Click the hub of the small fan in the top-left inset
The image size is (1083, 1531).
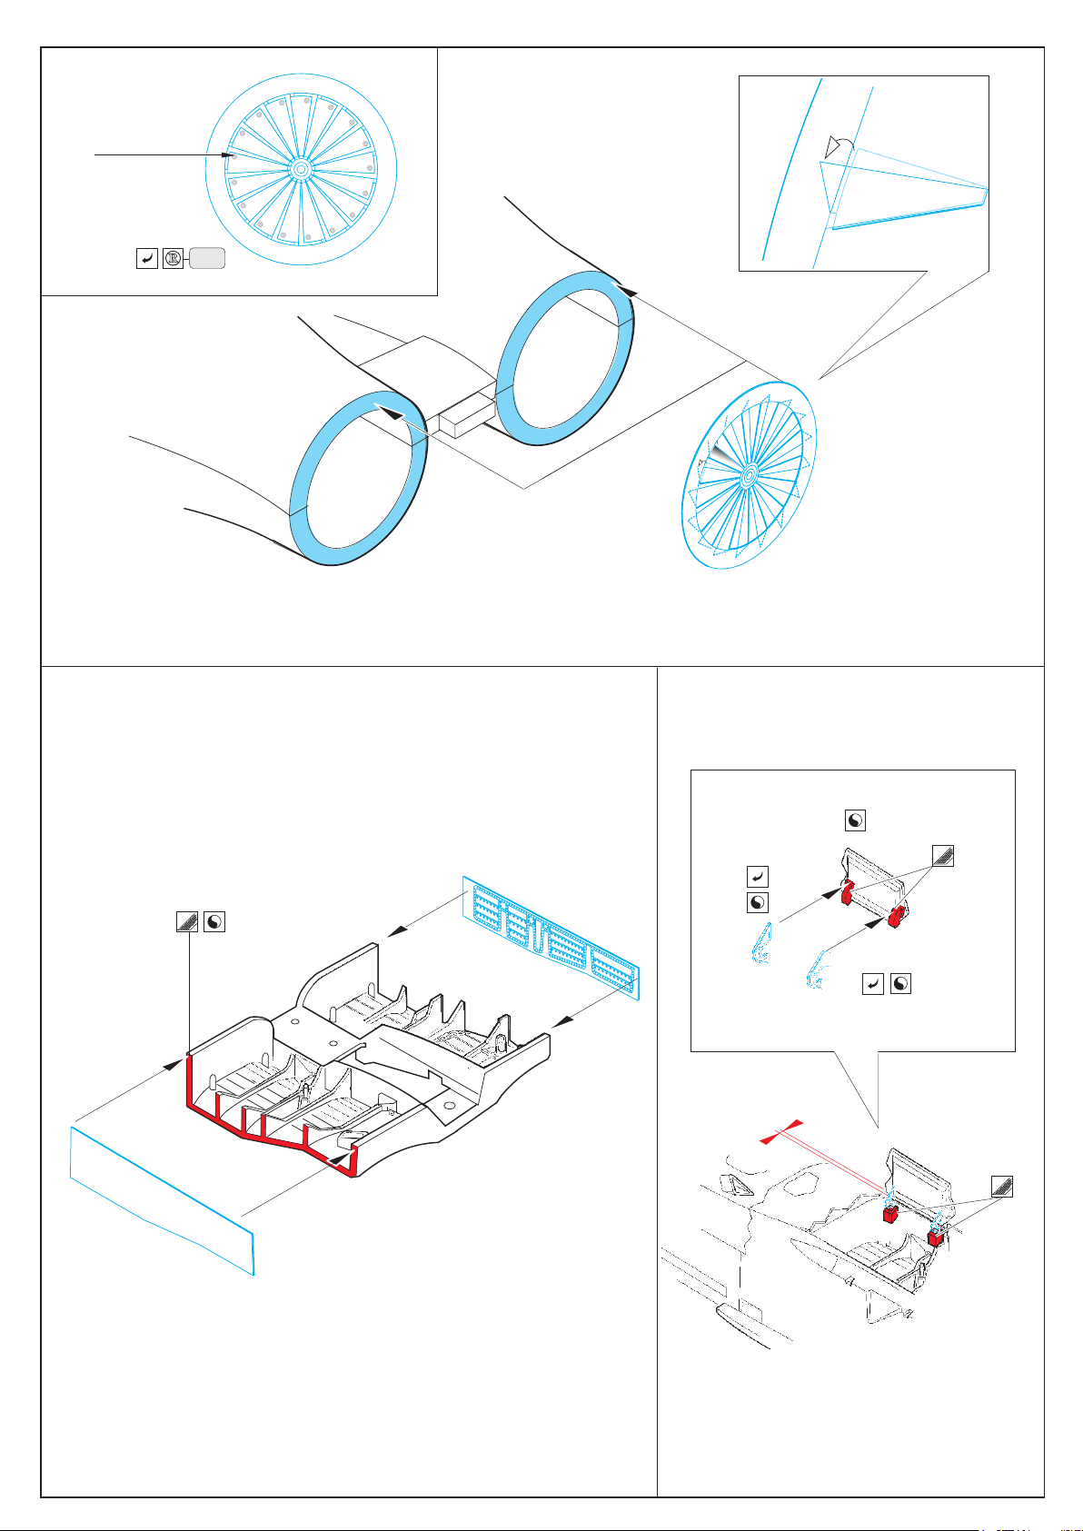(x=300, y=170)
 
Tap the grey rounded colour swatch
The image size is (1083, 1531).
(x=207, y=260)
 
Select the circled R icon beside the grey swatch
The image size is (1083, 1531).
(x=173, y=260)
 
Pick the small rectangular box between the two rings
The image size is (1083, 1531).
(x=466, y=413)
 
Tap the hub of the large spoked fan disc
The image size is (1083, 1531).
(x=749, y=475)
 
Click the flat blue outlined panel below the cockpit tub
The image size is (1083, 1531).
(x=161, y=1199)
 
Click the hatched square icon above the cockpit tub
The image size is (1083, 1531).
(x=186, y=921)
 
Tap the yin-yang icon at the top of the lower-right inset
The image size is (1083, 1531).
(x=855, y=820)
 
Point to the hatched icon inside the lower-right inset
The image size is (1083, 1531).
(x=942, y=855)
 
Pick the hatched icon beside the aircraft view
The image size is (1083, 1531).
(x=1001, y=1186)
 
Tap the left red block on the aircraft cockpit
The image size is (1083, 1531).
(x=890, y=1214)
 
